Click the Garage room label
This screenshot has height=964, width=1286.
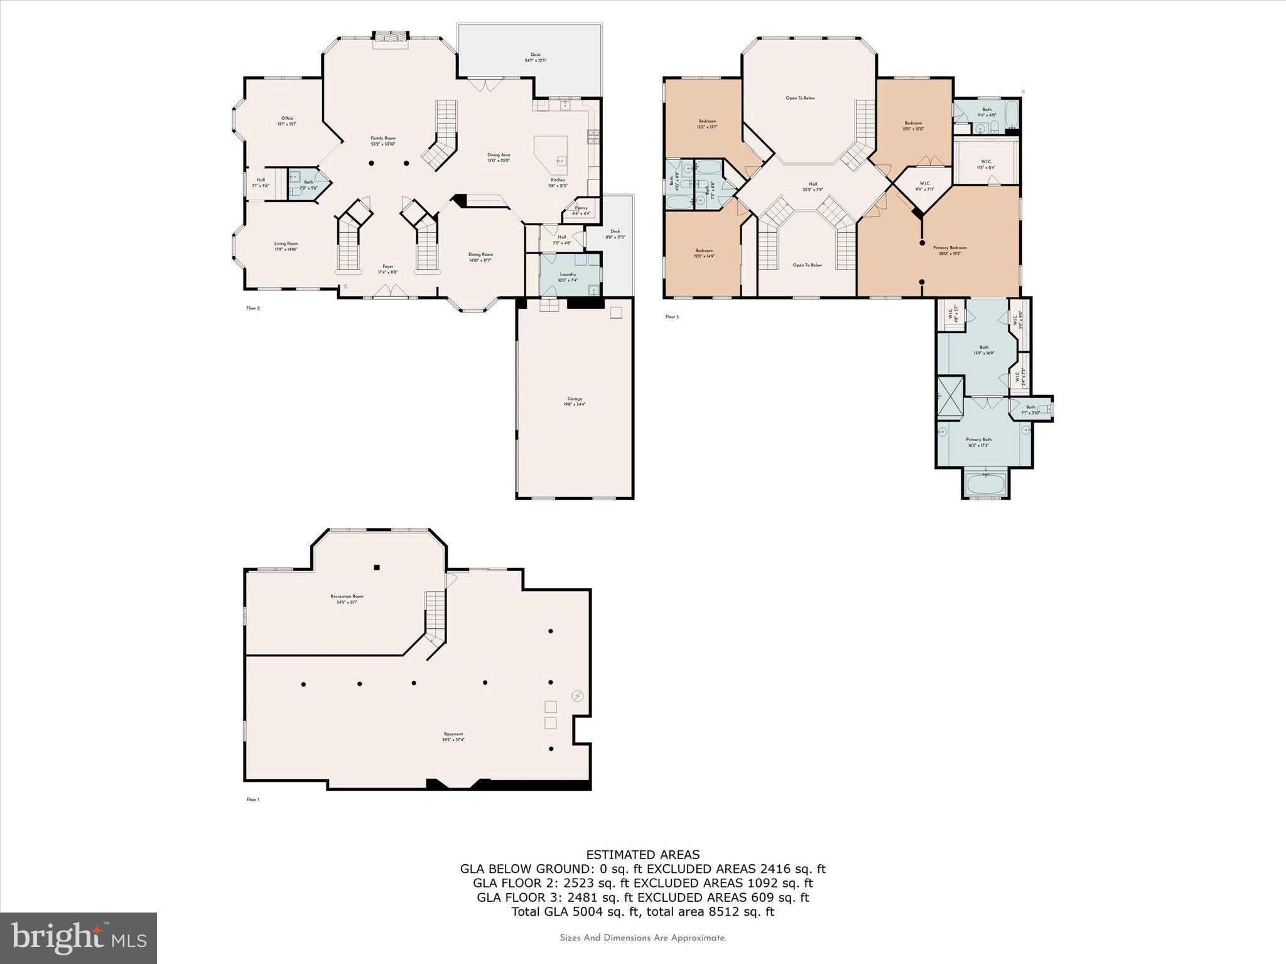575,399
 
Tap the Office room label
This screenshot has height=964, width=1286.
287,119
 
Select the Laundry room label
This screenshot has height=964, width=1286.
568,274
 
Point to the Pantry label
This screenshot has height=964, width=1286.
581,208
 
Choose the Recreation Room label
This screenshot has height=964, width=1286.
347,596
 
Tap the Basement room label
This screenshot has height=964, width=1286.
453,734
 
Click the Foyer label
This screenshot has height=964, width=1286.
387,266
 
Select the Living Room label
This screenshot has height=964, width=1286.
286,244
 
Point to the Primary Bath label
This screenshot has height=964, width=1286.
978,439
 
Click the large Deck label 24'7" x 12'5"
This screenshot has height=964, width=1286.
535,55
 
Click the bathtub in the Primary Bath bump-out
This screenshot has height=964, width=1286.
985,484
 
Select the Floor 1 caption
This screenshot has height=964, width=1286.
252,800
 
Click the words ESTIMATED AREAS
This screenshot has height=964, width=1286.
642,854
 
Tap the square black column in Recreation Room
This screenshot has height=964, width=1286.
377,567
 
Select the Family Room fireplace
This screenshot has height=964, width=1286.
391,40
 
